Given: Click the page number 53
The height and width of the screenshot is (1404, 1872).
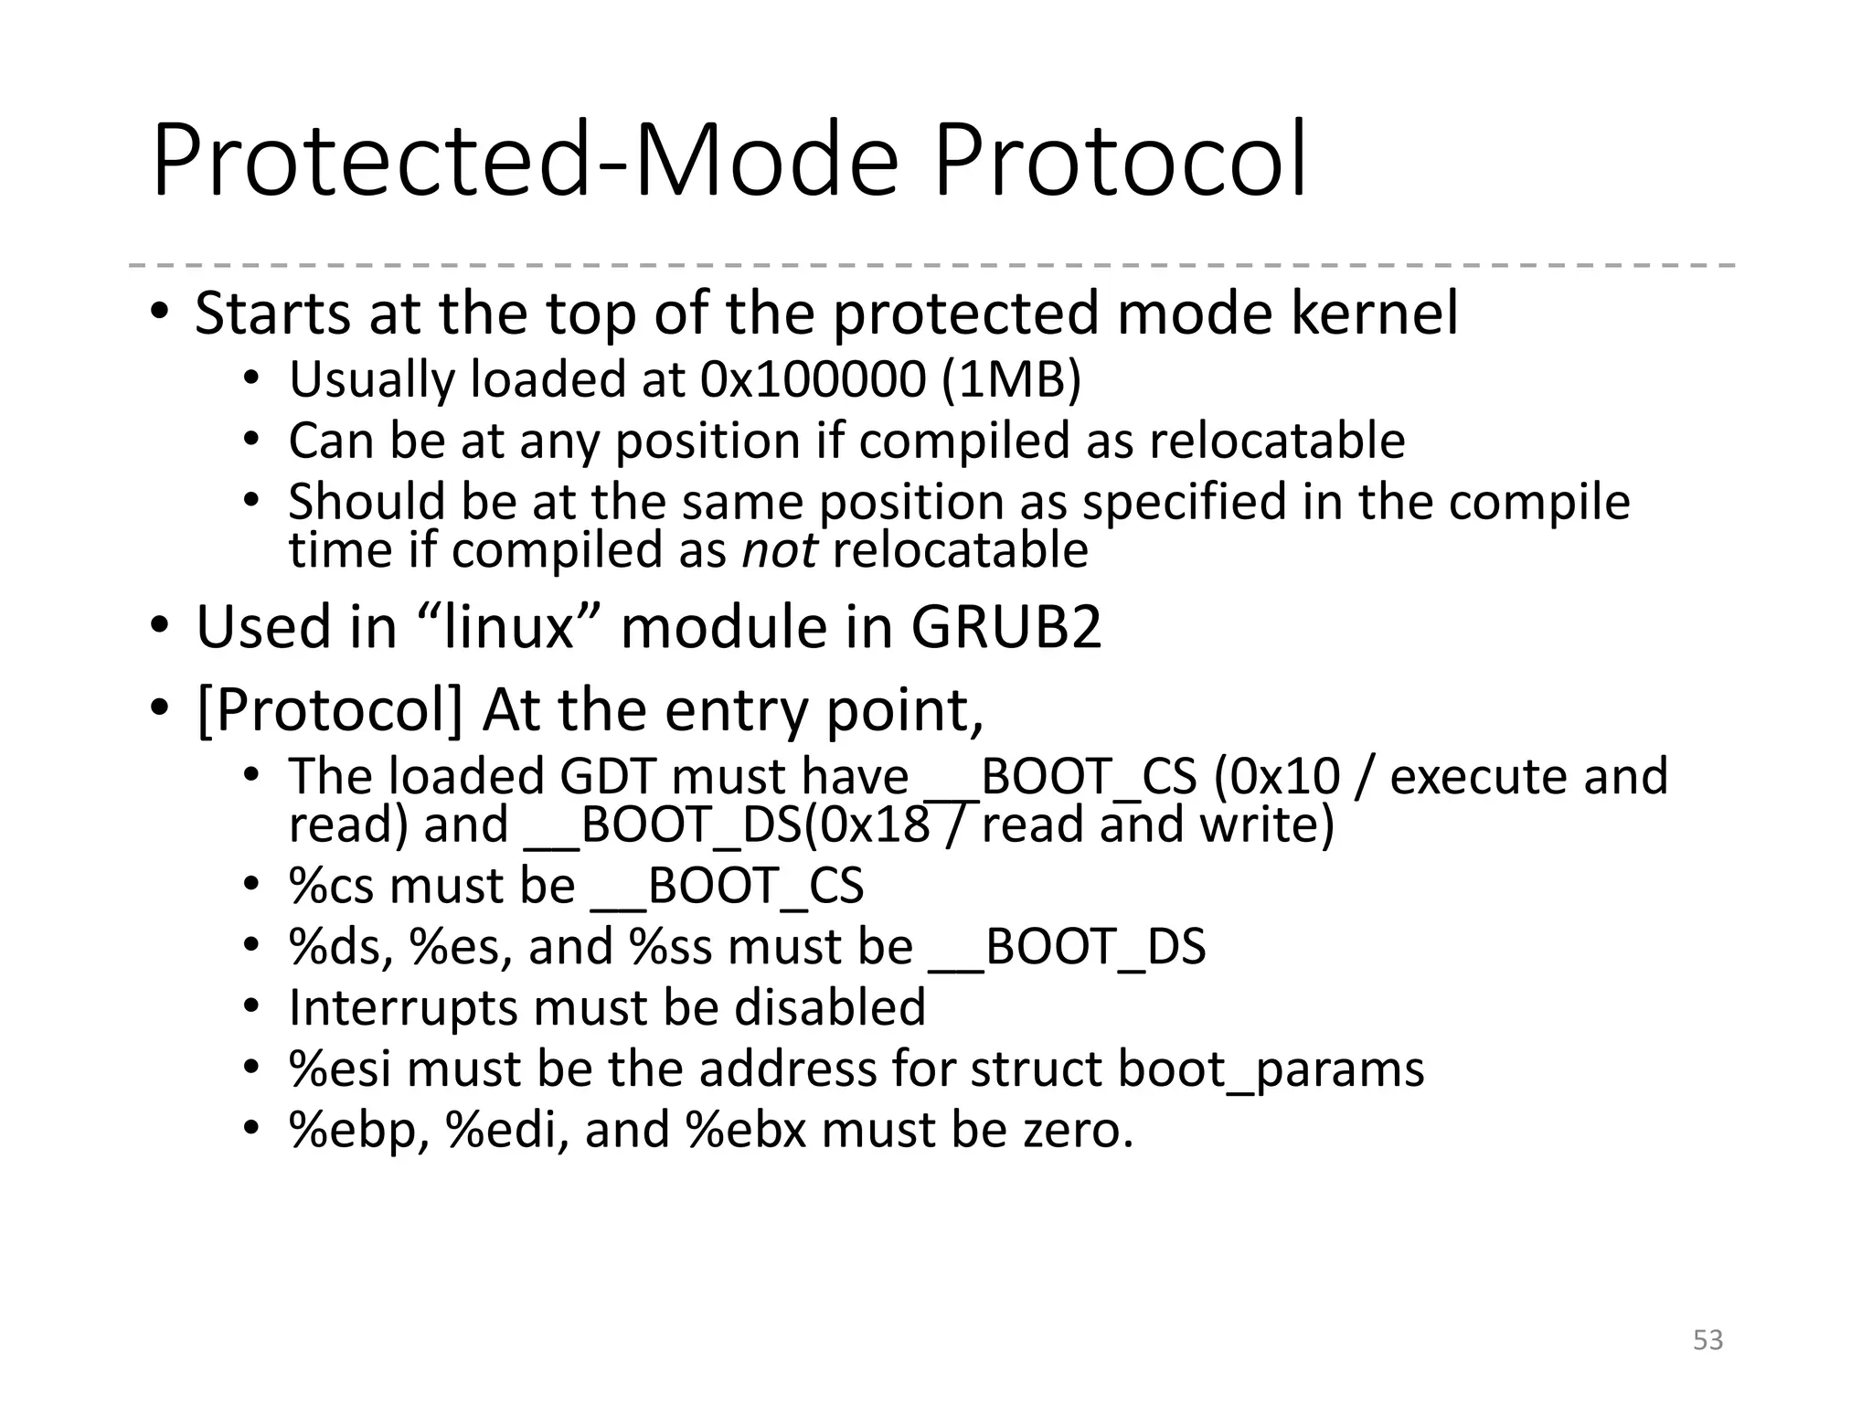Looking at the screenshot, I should click(1707, 1340).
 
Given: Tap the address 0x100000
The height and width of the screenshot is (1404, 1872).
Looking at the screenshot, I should click(813, 379).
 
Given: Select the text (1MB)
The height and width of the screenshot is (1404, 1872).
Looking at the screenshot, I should click(1011, 379).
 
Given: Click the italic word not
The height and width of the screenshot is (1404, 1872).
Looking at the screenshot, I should click(779, 550).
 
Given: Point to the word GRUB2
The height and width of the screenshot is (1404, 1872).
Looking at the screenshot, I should click(1005, 628).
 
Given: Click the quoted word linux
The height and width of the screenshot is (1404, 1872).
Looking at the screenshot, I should click(508, 628).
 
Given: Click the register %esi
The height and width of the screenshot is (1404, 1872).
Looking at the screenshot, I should click(340, 1069).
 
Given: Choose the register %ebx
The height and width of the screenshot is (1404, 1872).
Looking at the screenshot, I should click(746, 1131).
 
